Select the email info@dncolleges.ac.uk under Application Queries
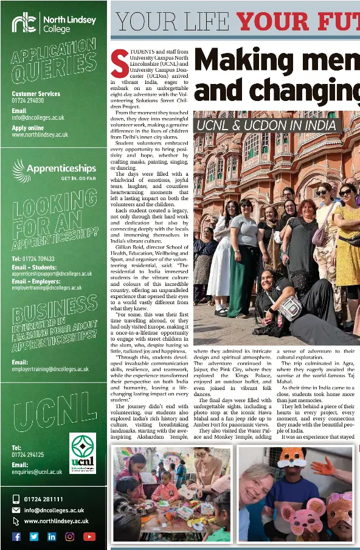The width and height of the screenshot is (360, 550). [x=38, y=117]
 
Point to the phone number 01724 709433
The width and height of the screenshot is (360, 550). [x=33, y=259]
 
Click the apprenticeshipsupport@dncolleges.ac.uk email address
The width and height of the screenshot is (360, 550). [x=52, y=274]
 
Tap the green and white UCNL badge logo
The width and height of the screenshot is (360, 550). [x=83, y=453]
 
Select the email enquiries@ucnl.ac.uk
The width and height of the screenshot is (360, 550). [x=36, y=472]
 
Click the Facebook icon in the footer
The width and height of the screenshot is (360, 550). [x=16, y=536]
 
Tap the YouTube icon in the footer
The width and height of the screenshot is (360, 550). [x=89, y=536]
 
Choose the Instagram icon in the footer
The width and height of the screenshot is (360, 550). [x=70, y=536]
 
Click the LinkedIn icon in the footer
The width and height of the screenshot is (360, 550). [x=52, y=536]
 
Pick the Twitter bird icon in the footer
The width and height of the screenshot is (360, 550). [x=34, y=536]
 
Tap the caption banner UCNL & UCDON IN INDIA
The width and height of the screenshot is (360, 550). [x=266, y=126]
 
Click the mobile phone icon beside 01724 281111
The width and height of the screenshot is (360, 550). [x=16, y=500]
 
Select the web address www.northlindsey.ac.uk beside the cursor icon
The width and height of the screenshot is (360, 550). [x=56, y=521]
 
